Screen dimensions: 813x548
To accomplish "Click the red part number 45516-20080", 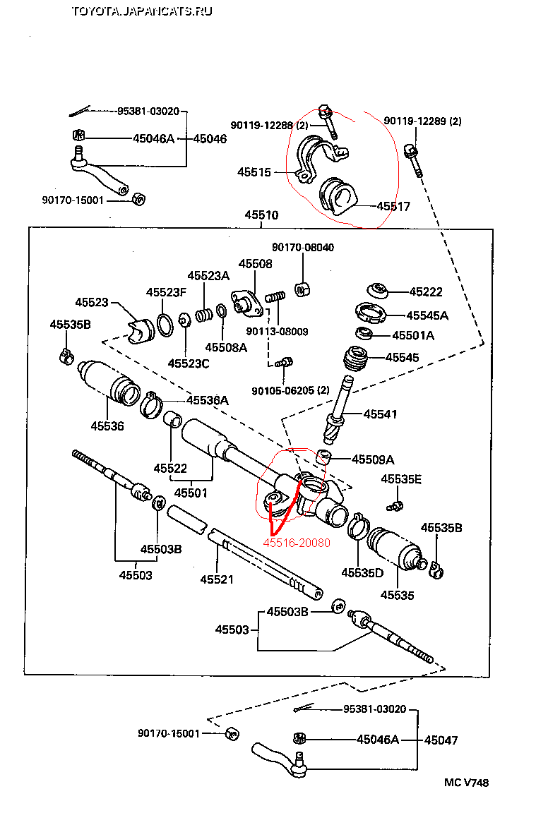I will [x=297, y=543].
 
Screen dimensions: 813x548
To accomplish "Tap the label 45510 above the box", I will [x=261, y=215].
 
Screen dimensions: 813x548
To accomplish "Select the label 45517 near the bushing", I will [x=393, y=207].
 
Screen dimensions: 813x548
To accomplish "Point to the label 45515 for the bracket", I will [x=254, y=171].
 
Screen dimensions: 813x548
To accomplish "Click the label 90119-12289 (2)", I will [x=422, y=121].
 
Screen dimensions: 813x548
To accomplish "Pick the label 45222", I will [x=426, y=291].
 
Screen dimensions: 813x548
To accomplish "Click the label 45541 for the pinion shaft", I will [x=380, y=414].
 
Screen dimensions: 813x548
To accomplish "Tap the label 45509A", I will [x=373, y=459].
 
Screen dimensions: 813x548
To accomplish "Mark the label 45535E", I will [x=401, y=479].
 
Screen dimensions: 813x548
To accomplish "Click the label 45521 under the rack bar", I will [x=217, y=579].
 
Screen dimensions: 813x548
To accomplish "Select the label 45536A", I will [x=208, y=400].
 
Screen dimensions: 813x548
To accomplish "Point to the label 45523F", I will [x=167, y=292].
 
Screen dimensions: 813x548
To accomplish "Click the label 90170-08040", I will [x=303, y=248].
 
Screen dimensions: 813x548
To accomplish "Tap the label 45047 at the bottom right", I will [x=441, y=740].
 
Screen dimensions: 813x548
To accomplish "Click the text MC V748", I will [x=466, y=783].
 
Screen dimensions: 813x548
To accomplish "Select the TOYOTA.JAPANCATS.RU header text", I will [x=141, y=11].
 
